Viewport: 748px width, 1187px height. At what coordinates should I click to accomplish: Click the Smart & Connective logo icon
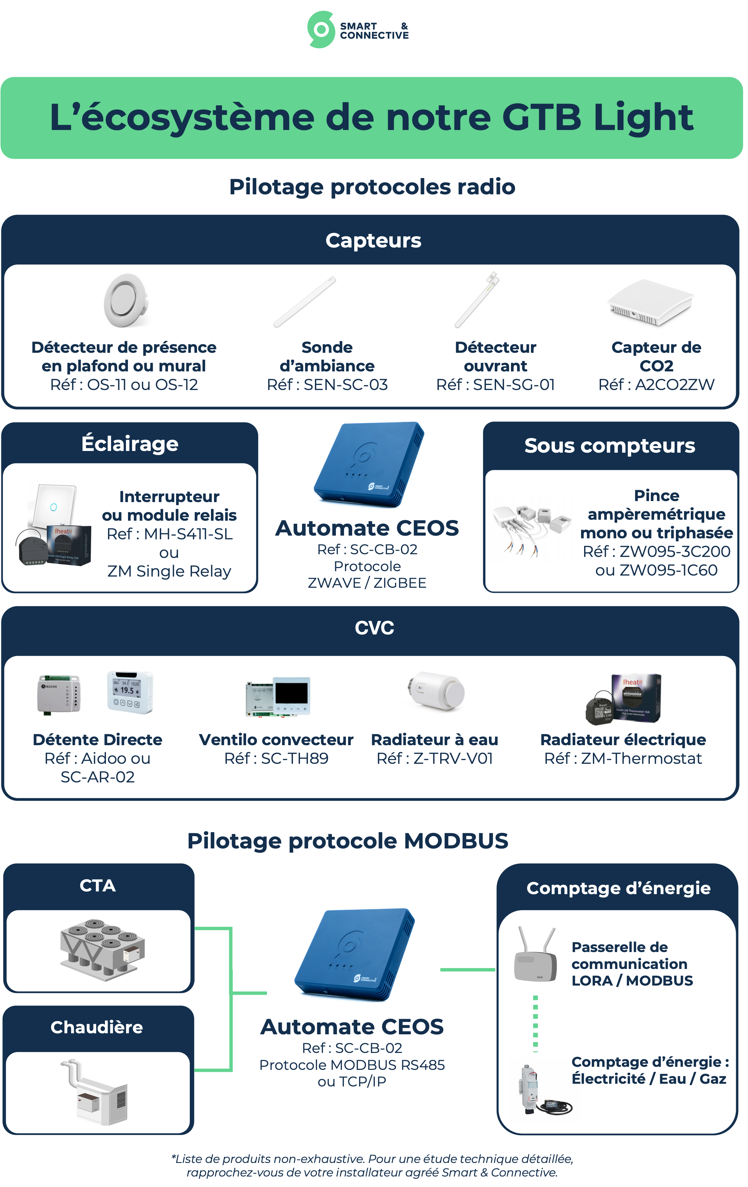coord(321,29)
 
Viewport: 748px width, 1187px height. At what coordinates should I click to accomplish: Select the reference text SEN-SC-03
coord(345,385)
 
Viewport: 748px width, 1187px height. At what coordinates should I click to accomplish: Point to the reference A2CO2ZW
coord(674,385)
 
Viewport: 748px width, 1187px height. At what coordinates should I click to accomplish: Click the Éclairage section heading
coord(130,444)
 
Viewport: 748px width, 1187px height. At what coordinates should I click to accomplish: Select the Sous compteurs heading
coord(610,446)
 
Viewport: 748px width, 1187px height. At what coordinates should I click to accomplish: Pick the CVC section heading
coord(374,628)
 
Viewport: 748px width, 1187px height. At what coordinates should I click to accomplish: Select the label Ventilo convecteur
coord(276,739)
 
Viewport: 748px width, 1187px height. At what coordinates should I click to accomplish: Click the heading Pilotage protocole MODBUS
coord(348,841)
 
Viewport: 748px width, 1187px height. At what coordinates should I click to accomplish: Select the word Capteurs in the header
coord(373,241)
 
